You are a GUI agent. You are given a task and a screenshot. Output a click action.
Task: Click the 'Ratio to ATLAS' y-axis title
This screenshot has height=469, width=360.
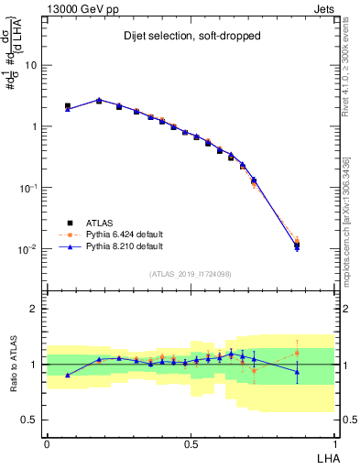pos(14,364)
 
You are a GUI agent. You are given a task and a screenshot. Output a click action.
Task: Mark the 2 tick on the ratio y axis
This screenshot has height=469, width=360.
pos(36,309)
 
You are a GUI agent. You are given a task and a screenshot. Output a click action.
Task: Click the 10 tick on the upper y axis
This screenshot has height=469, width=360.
pos(33,66)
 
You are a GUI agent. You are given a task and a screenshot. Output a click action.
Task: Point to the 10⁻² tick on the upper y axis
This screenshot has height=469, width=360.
pos(30,249)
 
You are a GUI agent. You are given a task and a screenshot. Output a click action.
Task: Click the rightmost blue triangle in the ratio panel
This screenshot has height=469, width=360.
pos(297,372)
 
